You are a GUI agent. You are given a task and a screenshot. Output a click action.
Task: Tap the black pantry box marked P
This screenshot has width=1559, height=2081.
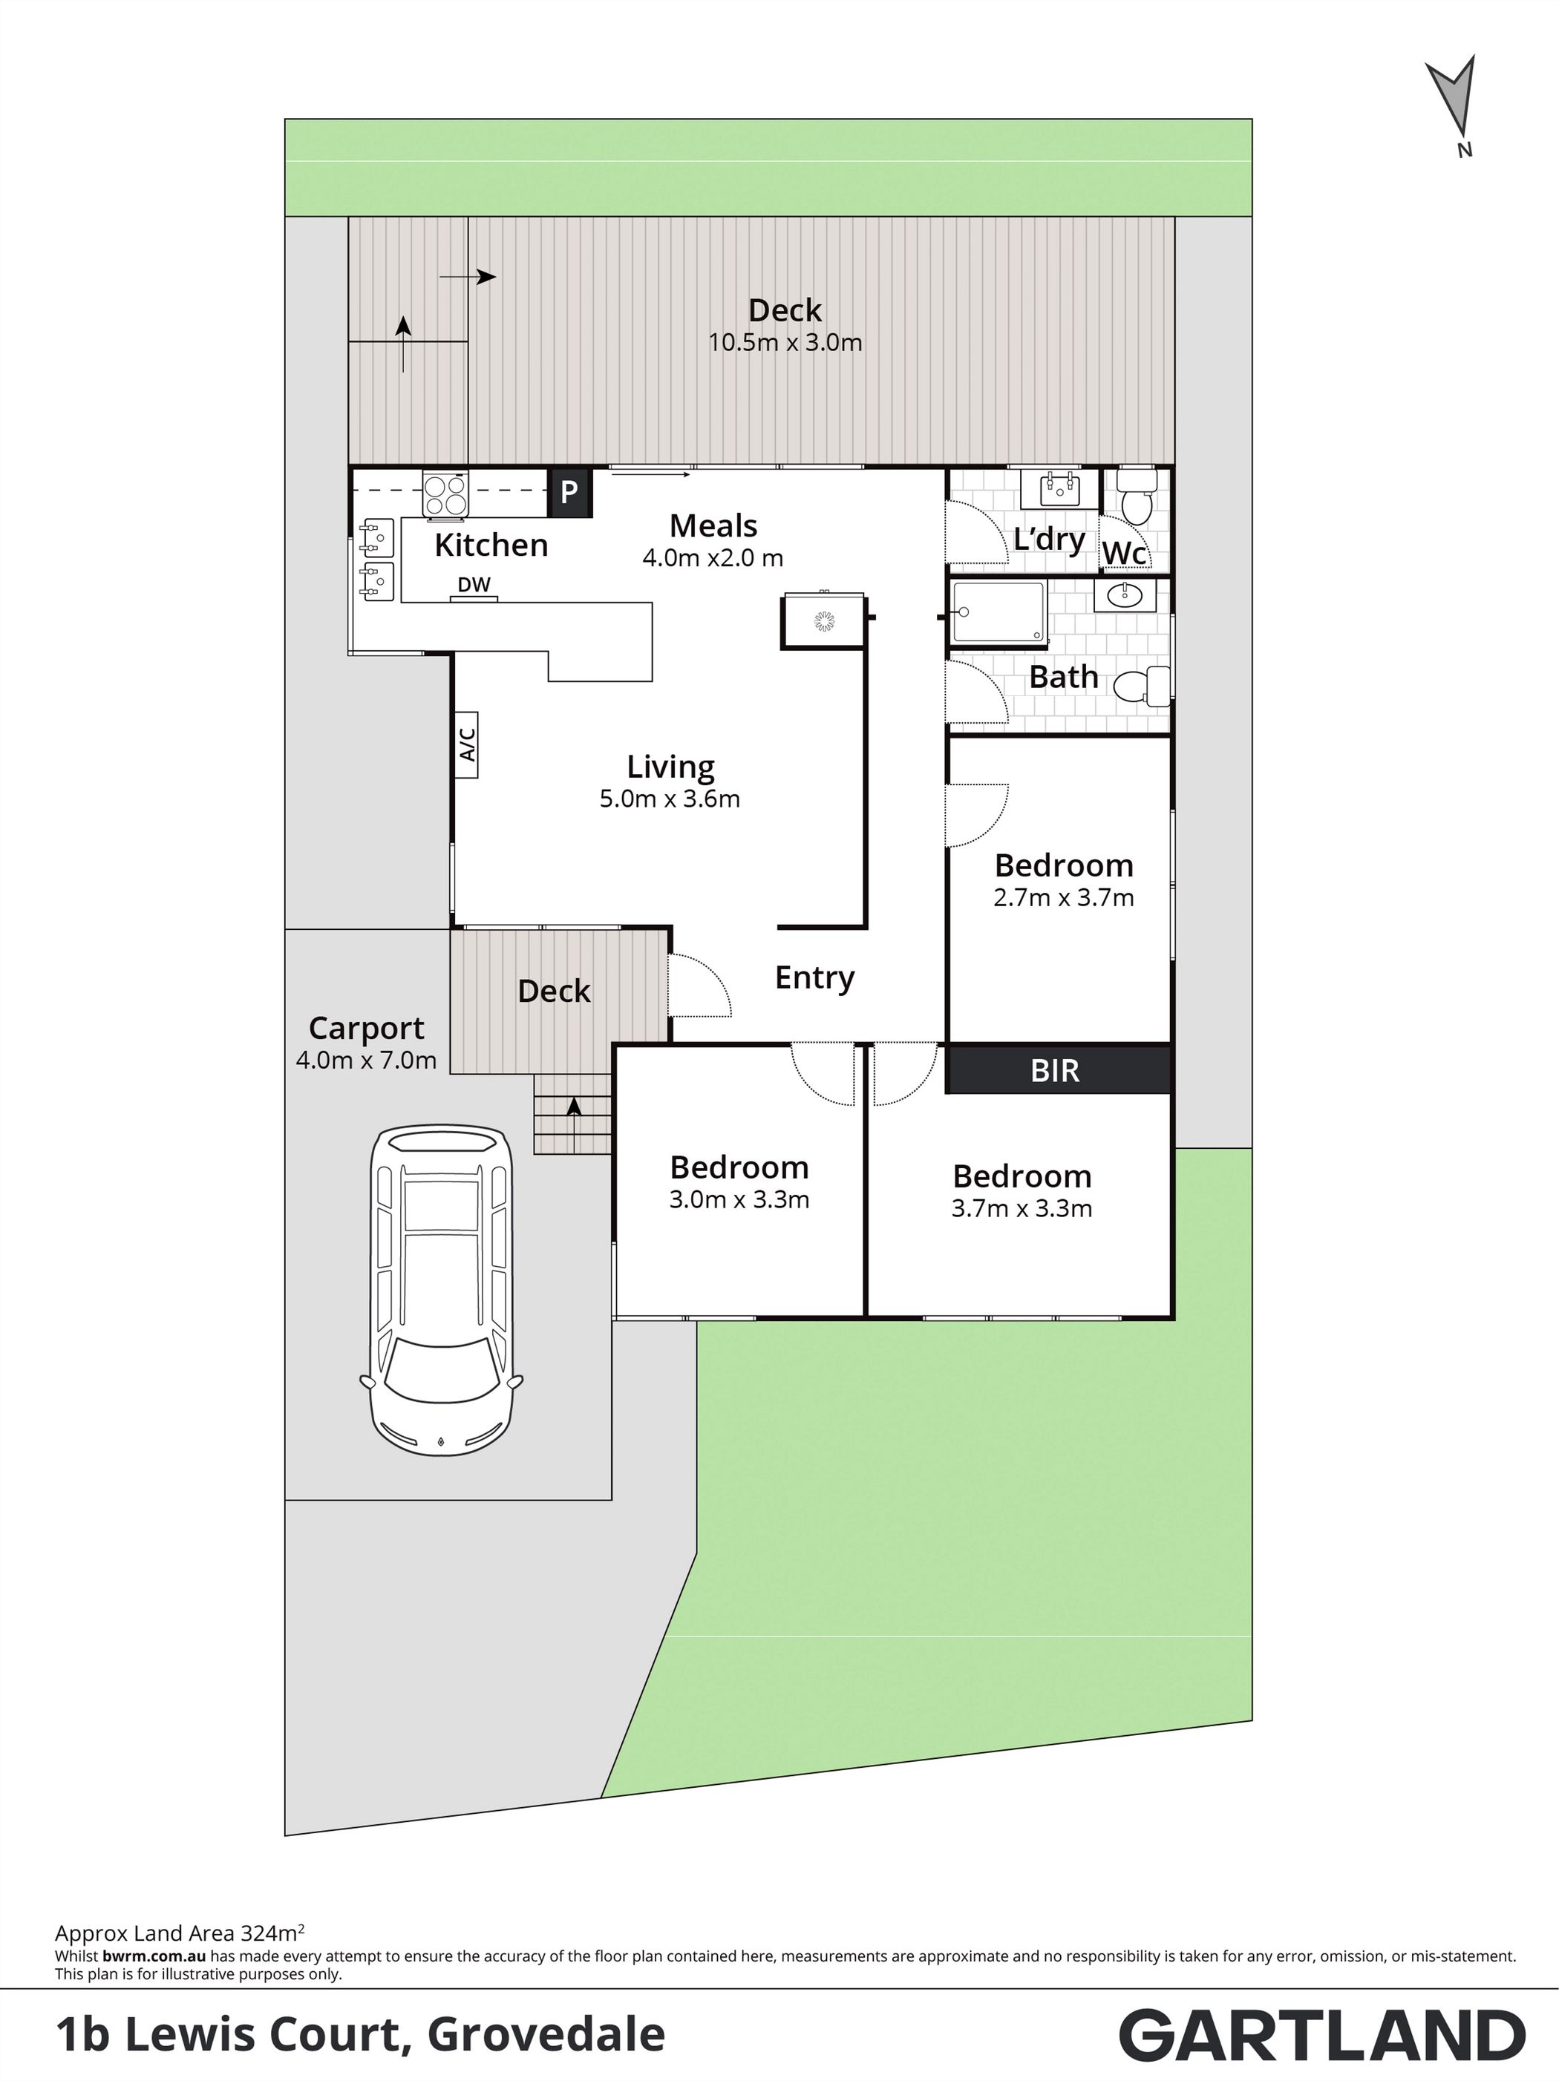[569, 492]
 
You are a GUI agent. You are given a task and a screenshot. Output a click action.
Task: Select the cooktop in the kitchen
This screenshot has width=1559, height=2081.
[445, 495]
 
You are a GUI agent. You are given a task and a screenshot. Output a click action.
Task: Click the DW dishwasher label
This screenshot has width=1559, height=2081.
[474, 584]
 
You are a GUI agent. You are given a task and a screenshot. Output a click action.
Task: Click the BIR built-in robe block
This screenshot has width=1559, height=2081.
[1059, 1069]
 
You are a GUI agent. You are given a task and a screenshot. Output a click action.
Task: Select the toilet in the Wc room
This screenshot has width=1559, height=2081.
[1137, 495]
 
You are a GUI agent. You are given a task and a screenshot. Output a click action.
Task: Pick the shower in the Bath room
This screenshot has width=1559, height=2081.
[999, 612]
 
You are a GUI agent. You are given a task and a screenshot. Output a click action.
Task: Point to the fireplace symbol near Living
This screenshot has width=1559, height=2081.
[824, 620]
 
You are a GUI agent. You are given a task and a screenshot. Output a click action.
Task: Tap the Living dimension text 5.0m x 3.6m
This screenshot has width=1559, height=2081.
[670, 799]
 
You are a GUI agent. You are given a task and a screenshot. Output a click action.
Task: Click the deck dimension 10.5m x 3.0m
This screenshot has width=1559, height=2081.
[785, 342]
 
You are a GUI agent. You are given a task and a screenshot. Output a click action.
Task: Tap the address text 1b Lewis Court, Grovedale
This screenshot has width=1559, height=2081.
[360, 2035]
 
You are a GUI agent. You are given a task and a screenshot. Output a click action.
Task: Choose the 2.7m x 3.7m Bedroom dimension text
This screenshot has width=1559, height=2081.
[1063, 897]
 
